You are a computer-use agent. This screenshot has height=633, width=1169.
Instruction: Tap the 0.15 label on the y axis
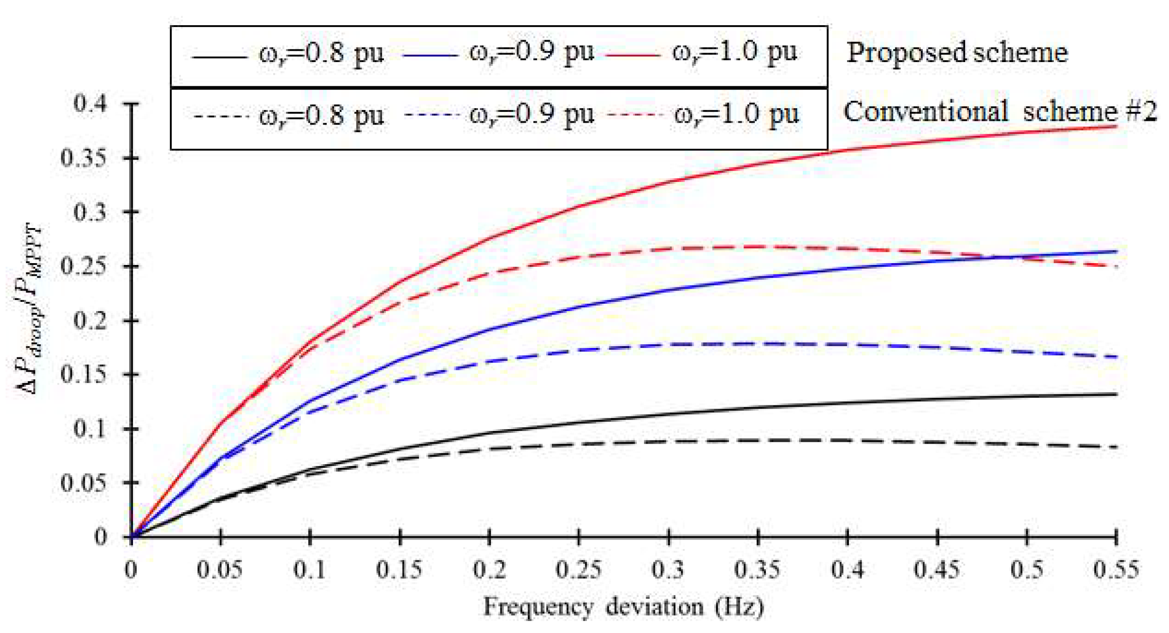click(83, 375)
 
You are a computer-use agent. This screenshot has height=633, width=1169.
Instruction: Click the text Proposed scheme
click(956, 52)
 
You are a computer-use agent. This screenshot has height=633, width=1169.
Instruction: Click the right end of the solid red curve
click(1116, 126)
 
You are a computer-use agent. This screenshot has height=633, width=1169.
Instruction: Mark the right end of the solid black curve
click(1116, 395)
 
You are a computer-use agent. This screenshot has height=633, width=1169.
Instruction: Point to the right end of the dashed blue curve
click(1116, 357)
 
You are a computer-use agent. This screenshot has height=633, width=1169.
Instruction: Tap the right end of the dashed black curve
click(1116, 447)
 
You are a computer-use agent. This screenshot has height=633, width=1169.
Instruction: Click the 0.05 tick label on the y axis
click(83, 483)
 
